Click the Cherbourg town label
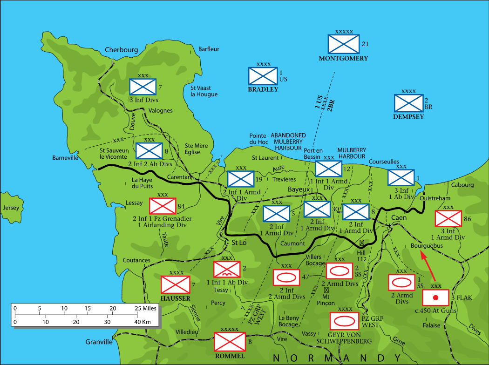click(122, 50)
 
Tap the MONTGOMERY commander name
click(344, 59)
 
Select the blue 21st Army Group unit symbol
click(344, 44)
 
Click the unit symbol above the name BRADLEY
click(263, 76)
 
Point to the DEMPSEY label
click(408, 117)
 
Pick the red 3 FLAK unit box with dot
click(436, 297)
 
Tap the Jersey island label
click(11, 208)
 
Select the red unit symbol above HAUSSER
click(176, 285)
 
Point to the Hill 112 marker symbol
click(361, 243)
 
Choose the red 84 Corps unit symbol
click(163, 206)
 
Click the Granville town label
click(99, 342)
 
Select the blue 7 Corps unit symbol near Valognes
click(143, 86)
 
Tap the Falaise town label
click(431, 325)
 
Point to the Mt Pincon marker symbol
click(326, 290)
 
